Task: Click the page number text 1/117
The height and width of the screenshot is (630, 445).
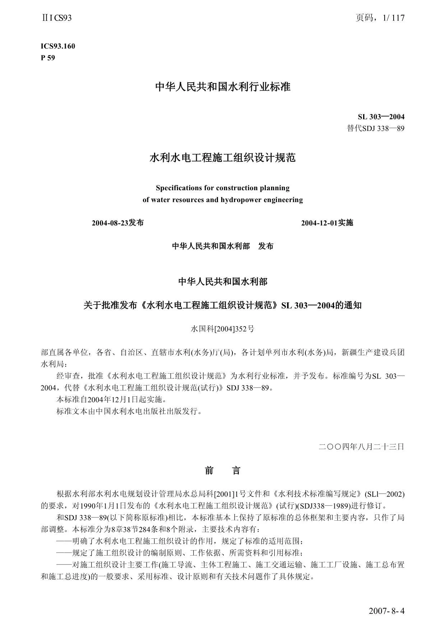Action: tap(390, 18)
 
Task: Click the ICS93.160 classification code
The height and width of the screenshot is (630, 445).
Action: tap(58, 46)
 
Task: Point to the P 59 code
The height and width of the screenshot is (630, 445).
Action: tap(48, 58)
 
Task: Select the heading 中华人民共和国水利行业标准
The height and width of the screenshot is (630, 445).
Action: tap(222, 87)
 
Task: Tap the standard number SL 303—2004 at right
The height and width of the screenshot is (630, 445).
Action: tap(381, 117)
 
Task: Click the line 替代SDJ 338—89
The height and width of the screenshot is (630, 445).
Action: tap(375, 128)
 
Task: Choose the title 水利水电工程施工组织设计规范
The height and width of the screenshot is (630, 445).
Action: tap(222, 157)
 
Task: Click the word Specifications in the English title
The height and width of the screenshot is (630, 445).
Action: tap(174, 188)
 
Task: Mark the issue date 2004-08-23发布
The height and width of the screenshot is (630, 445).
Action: tap(117, 223)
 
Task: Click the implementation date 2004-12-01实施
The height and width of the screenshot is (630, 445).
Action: tap(327, 223)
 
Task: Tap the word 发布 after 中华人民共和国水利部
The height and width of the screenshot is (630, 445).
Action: tap(266, 246)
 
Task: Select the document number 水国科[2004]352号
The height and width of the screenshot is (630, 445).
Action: tap(222, 329)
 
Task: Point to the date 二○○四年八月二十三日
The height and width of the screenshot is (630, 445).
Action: tap(361, 447)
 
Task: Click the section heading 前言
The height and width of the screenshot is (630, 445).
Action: tap(222, 470)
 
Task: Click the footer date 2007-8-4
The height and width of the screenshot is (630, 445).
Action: tap(386, 611)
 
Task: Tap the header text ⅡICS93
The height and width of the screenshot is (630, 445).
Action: tap(56, 18)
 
